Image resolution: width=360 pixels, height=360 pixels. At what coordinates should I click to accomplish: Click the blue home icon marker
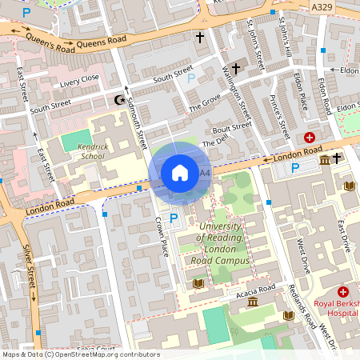click(180, 173)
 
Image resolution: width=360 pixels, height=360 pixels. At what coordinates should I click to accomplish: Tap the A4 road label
click(205, 173)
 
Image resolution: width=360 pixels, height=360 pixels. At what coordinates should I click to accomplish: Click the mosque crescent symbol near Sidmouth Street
click(121, 100)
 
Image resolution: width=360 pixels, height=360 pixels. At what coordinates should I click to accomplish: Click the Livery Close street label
click(80, 78)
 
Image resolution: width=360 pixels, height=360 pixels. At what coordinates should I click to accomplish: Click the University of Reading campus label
click(224, 244)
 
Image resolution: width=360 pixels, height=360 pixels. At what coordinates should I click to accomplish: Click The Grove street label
click(204, 103)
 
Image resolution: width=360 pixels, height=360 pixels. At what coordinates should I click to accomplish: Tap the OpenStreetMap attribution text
click(80, 354)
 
